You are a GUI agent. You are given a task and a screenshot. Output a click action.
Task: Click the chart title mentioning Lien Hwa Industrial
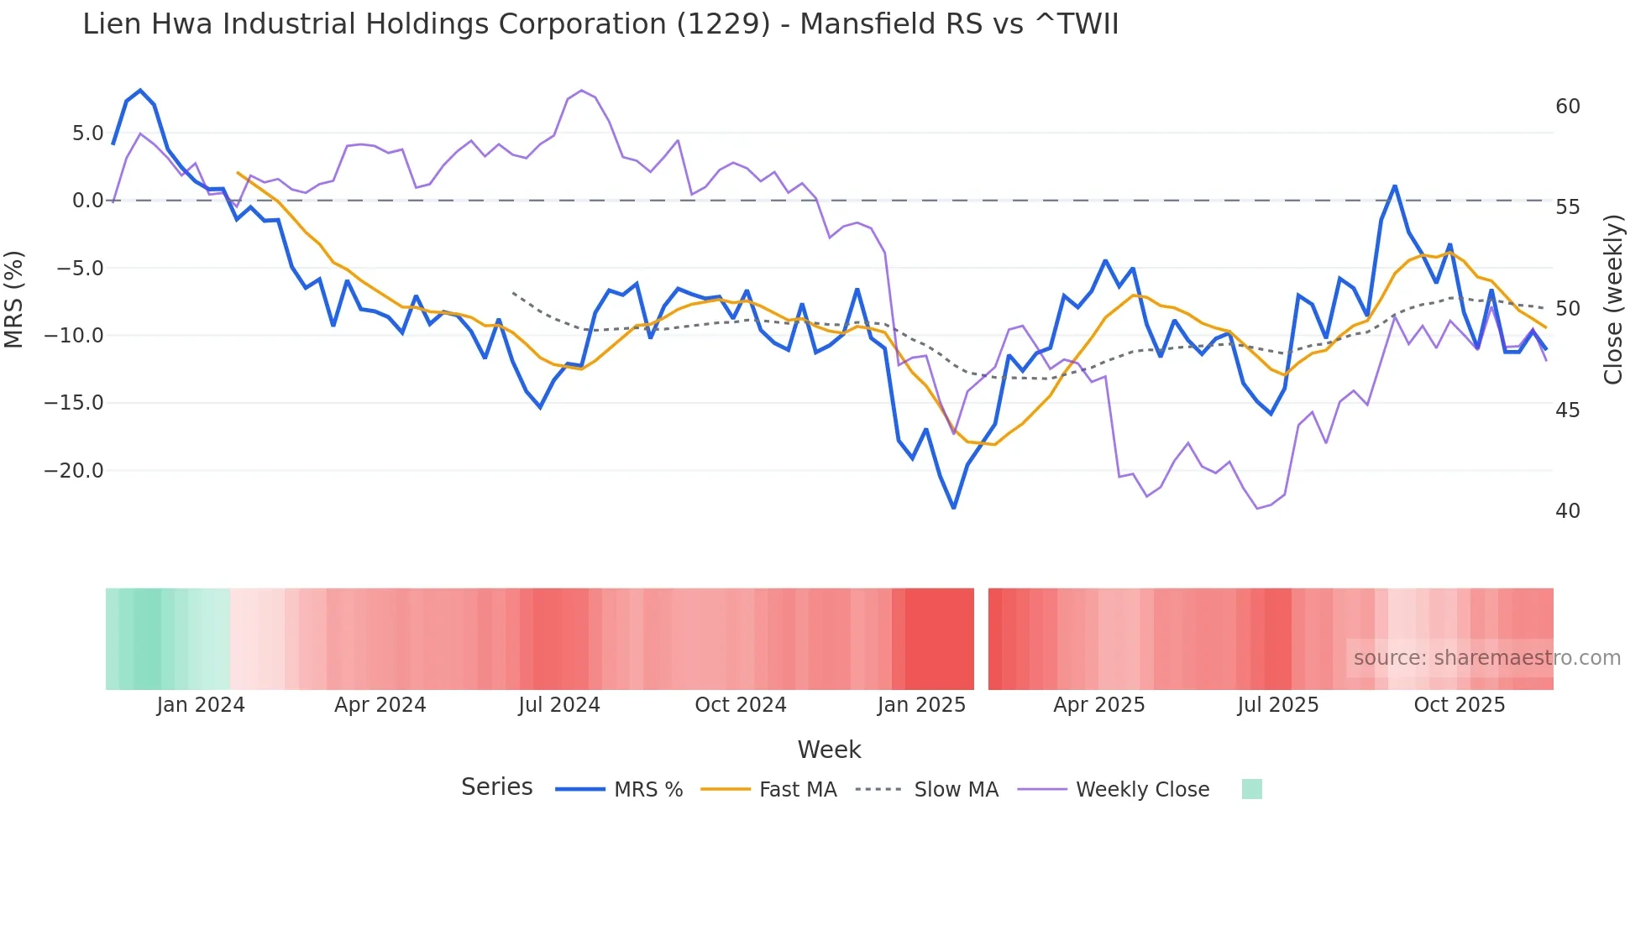600,24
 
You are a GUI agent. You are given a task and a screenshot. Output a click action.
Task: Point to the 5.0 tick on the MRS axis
87,133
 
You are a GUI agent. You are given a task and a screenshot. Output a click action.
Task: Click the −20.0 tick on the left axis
74,471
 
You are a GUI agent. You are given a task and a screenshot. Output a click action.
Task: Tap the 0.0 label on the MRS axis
87,201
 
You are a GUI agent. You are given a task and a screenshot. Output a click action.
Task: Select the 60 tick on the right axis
1567,107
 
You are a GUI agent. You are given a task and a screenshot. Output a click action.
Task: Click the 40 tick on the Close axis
1567,511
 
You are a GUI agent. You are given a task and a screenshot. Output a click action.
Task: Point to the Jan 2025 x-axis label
921,705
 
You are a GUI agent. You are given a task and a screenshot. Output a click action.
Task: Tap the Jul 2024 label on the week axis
558,705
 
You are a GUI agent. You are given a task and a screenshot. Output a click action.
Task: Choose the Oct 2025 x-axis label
1459,705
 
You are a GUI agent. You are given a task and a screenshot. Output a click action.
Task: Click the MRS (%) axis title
14,299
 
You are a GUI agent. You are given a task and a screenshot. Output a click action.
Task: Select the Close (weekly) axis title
1613,300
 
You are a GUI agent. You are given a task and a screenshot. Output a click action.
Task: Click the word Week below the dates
829,750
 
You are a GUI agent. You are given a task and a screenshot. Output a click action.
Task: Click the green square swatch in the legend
1251,789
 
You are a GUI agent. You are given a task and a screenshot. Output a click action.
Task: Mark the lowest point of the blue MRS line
953,508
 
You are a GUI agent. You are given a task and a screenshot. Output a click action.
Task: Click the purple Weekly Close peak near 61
581,90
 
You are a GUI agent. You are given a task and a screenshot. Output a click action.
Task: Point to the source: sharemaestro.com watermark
1486,658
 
